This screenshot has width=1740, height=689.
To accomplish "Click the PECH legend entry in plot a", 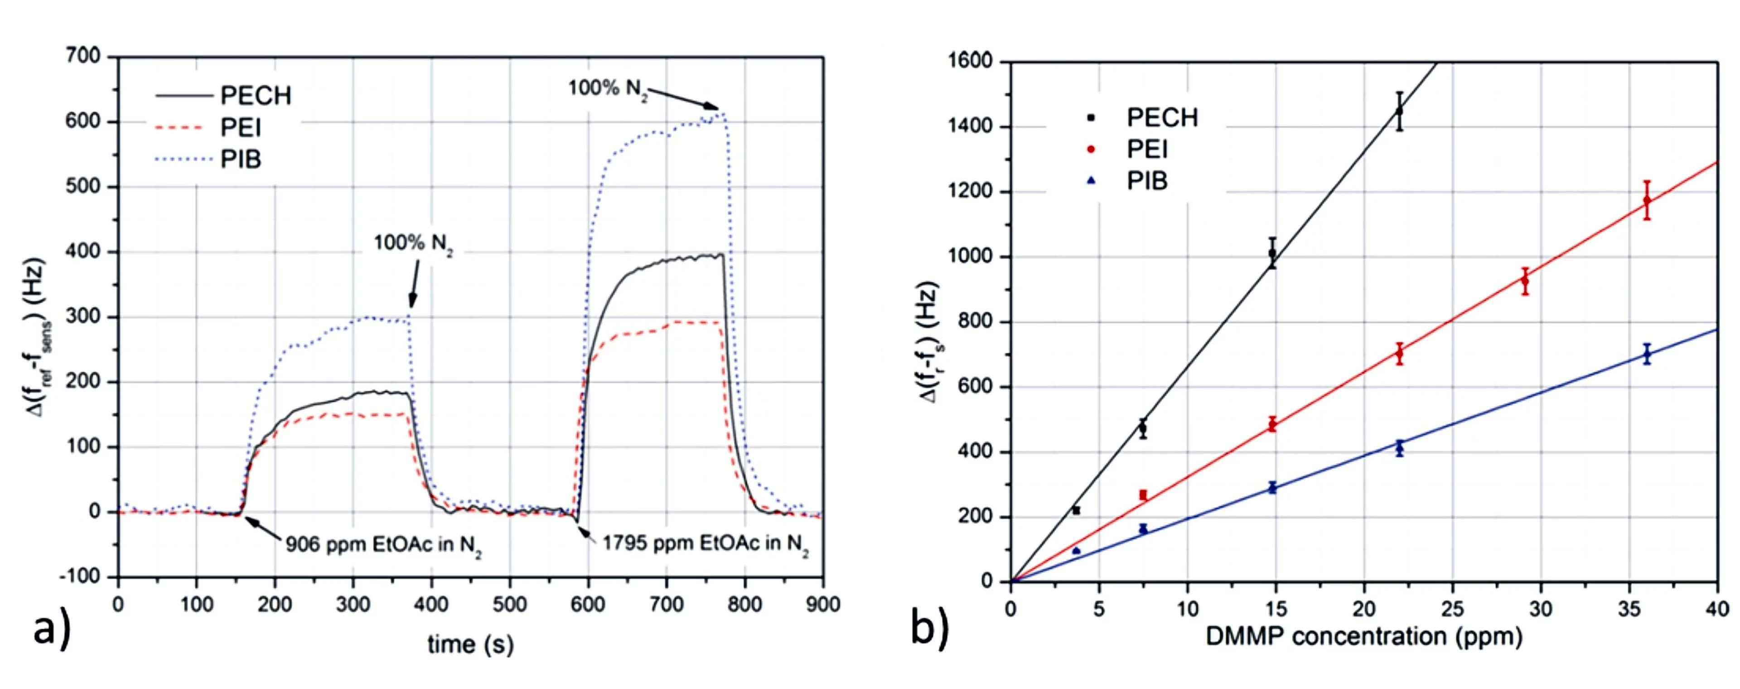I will coord(255,96).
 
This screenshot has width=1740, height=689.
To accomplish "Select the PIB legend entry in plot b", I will coord(1146,181).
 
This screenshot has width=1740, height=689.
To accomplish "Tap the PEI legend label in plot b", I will coord(1146,149).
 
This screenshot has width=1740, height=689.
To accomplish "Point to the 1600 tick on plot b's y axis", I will coord(970,62).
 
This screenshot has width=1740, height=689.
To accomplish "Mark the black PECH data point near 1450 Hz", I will coord(1400,111).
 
